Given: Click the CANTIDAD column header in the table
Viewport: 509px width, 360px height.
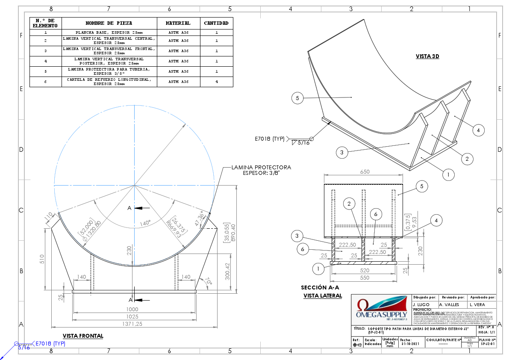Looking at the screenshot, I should coord(216,23).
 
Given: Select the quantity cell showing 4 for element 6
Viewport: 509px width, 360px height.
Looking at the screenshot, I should coord(216,82).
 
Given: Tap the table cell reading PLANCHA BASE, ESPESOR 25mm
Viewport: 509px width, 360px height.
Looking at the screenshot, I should coord(109,32).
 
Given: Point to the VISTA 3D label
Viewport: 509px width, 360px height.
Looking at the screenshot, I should coord(427,56).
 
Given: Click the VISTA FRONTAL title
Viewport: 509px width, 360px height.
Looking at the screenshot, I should coord(83,336).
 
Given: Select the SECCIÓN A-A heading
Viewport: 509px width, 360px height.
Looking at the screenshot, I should coord(320,288).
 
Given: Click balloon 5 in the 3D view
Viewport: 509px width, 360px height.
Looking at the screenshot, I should coord(297,98).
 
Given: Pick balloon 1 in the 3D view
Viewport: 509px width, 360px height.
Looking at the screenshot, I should coord(448,174).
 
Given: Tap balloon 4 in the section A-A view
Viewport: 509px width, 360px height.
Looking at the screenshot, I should coord(435,221).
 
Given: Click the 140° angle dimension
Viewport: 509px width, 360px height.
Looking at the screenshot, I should coord(145,223).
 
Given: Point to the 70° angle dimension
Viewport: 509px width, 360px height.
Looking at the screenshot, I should coord(208,281).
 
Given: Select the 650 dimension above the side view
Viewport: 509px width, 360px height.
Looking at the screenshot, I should coord(364,171).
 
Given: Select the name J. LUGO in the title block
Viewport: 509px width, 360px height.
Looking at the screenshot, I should coord(421,304).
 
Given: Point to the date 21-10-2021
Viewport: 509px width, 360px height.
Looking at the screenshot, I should coord(408,343).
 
